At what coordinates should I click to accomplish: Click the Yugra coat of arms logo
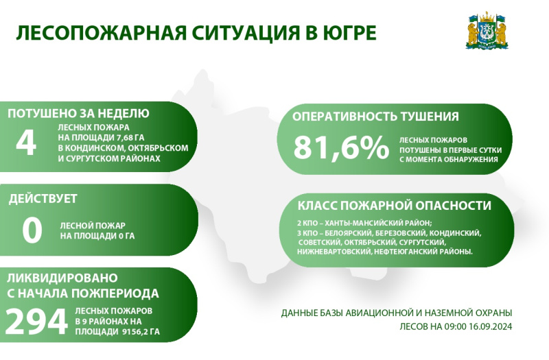pos(487,31)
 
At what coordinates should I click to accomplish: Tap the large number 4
pos(26,143)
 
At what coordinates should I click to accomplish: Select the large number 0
pos(32,230)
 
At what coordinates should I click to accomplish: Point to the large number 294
pos(36,322)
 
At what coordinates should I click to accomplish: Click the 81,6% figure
pos(341,147)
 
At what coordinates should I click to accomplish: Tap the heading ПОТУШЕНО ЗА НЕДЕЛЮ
pos(78,113)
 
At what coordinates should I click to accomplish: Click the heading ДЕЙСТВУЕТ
pos(43,199)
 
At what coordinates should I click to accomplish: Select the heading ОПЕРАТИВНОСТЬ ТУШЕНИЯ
pos(375,117)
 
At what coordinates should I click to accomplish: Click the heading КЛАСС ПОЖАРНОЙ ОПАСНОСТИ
pos(394,205)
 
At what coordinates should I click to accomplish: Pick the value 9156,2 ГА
pos(141,332)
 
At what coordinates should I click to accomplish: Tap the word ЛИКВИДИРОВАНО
pos(62,278)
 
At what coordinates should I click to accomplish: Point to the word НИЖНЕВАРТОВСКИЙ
pos(334,251)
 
